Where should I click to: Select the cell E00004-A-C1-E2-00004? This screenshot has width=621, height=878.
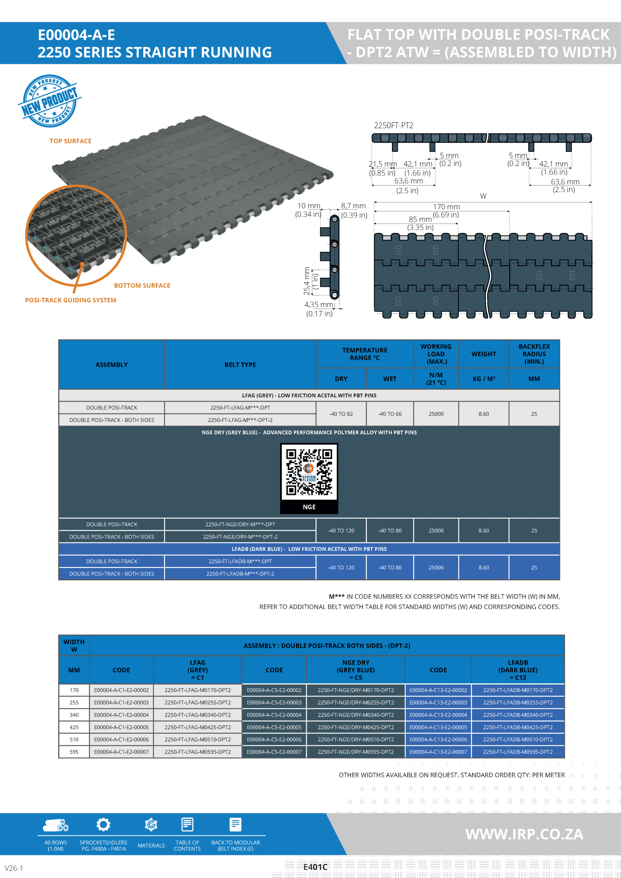coord(121,715)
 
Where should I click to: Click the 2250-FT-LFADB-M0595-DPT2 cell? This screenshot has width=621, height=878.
coord(518,752)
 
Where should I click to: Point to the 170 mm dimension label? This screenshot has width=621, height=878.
coord(446,207)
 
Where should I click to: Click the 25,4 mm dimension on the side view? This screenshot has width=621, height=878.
coord(307,281)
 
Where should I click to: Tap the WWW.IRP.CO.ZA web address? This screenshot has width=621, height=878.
coord(524,834)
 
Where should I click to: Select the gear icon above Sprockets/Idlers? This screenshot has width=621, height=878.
coord(103,825)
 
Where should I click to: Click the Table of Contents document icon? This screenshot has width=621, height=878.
coord(187,825)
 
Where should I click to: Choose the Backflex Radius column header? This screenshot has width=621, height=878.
coord(534,354)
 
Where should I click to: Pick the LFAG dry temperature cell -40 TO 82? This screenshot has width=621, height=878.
coord(341,414)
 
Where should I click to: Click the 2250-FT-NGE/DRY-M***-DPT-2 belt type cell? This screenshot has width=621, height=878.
coord(240,536)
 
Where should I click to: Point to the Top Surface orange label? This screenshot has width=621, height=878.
coord(70,141)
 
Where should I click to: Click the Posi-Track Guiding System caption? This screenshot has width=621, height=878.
coord(70,300)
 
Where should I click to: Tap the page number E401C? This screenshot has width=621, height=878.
coord(315,867)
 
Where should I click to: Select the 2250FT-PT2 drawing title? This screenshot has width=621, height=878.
coord(393,126)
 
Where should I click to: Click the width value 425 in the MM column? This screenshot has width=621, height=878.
coord(74,727)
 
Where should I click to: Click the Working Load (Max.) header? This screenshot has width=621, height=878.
coord(436,354)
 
